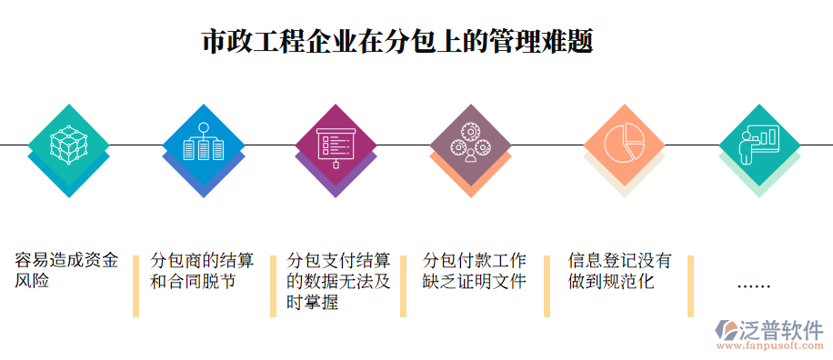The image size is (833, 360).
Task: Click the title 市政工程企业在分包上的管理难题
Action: click(396, 43)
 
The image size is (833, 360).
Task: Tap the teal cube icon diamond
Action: click(68, 144)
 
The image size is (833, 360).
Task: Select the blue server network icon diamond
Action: click(203, 144)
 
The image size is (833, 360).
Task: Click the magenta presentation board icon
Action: click(336, 144)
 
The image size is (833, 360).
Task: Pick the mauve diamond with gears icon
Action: click(470, 144)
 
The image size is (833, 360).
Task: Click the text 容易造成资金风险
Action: click(66, 271)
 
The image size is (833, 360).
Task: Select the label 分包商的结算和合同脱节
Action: click(202, 271)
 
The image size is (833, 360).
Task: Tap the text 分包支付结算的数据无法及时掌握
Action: click(338, 281)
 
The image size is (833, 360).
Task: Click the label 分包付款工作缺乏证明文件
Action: click(475, 271)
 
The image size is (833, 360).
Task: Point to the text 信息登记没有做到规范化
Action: click(619, 271)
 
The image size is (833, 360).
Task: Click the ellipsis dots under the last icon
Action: click(753, 285)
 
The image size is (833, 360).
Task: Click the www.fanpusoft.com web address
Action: click(771, 346)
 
